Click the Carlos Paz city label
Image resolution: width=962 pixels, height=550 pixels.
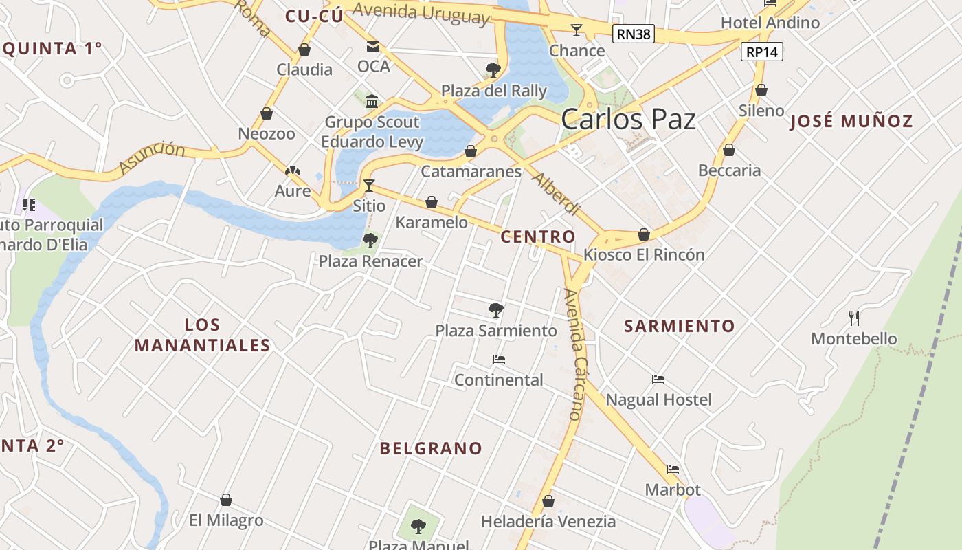tap(628, 120)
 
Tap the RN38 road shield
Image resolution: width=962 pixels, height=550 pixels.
tap(633, 34)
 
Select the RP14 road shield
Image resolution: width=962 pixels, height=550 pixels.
tap(762, 52)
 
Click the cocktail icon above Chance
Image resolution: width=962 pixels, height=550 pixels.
tap(576, 30)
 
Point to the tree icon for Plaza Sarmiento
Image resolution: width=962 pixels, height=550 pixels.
tap(495, 309)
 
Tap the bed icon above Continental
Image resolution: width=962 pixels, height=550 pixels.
tap(498, 360)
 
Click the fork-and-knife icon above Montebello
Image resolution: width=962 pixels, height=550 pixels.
tap(854, 318)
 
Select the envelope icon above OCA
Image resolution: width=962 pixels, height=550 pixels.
tap(373, 47)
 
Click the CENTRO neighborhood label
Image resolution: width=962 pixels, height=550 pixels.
tap(538, 237)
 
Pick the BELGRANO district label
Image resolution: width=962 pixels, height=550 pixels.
tap(432, 449)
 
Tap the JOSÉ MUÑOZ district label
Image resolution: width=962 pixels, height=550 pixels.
tap(852, 122)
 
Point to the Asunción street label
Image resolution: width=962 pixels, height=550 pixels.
tap(152, 157)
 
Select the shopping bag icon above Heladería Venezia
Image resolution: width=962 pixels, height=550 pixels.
tap(548, 501)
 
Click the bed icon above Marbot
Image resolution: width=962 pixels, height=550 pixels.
tap(673, 470)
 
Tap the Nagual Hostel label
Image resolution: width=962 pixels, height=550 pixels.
tap(658, 399)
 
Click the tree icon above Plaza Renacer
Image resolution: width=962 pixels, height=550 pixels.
tap(370, 240)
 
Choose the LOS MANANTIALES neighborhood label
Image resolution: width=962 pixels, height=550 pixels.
tap(202, 335)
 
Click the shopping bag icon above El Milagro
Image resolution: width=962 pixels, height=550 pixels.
tap(226, 500)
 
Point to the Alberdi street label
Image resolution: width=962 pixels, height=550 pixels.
tap(556, 194)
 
